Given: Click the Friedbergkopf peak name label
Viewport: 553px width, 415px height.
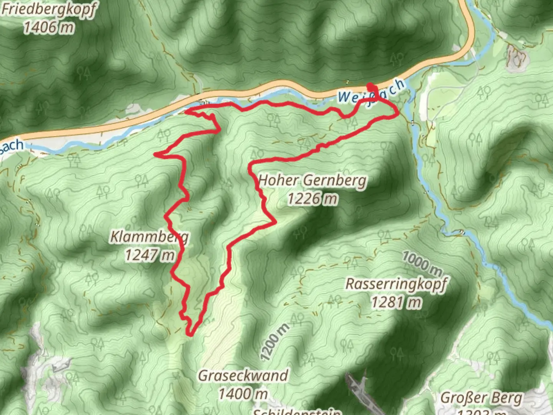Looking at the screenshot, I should pos(49,9).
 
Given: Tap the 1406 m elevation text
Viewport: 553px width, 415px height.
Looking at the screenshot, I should pos(49,28).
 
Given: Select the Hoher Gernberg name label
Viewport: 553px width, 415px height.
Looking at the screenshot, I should pos(313,180).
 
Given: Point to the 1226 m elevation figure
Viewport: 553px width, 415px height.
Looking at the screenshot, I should pos(313,199).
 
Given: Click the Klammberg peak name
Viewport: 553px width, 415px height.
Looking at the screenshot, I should pos(149,236).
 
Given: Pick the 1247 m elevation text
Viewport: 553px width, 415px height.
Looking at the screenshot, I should pos(149,254).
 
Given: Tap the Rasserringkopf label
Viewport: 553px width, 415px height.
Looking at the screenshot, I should pos(396,284).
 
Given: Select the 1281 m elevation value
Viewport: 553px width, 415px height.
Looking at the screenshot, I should pos(396,302).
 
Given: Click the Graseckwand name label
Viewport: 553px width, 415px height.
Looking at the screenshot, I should pos(243,375).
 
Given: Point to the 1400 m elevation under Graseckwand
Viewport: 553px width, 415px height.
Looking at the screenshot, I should pos(243,393).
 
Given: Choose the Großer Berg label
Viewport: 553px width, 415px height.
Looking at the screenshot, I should pos(482,398).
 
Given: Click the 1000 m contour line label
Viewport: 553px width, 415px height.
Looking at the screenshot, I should pos(422,263).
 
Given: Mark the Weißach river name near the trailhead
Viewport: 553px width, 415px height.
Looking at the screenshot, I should pos(371,92).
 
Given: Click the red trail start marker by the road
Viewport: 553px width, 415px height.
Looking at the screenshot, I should pos(370,86).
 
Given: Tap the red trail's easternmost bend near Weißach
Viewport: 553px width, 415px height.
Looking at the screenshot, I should pos(396,114).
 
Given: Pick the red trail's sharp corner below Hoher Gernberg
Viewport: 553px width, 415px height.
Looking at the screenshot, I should pos(275,222).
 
